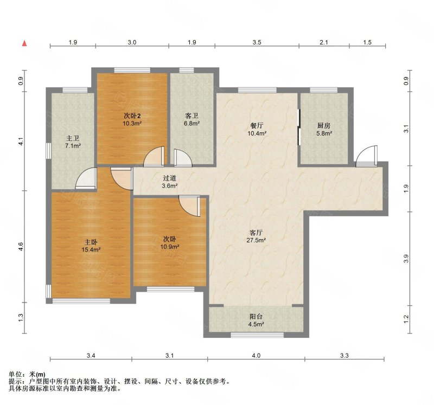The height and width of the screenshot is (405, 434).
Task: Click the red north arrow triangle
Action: [x=24, y=43]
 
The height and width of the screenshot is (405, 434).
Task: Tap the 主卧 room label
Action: [x=91, y=242]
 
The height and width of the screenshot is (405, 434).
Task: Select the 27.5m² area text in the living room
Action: [x=256, y=240]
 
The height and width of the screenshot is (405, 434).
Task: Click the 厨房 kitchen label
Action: [x=323, y=126]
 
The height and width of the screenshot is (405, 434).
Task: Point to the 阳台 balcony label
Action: [x=256, y=317]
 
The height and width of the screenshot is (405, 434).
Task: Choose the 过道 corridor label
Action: [x=169, y=178]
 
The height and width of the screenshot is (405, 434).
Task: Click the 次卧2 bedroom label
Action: [x=132, y=116]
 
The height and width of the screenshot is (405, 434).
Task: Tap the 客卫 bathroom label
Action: [x=192, y=116]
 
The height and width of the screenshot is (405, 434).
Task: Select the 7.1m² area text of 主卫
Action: [x=73, y=146]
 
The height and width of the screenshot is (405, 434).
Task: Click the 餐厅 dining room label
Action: [x=257, y=126]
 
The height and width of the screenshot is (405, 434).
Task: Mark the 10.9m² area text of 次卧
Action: [x=170, y=246]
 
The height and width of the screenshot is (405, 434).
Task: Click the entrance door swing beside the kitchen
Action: [x=367, y=156]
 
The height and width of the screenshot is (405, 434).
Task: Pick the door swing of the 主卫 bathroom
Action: [x=86, y=178]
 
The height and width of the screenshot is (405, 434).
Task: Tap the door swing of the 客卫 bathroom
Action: [x=183, y=158]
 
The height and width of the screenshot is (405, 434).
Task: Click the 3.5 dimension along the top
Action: [x=257, y=42]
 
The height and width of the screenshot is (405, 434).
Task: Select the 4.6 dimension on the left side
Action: [x=21, y=247]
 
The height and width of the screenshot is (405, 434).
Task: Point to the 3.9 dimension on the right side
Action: [x=406, y=259]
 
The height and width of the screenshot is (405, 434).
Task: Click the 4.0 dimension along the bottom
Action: [x=256, y=356]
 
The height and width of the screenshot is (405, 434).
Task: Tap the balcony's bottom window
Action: [x=257, y=335]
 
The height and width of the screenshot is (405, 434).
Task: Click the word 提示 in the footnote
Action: [x=15, y=382]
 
